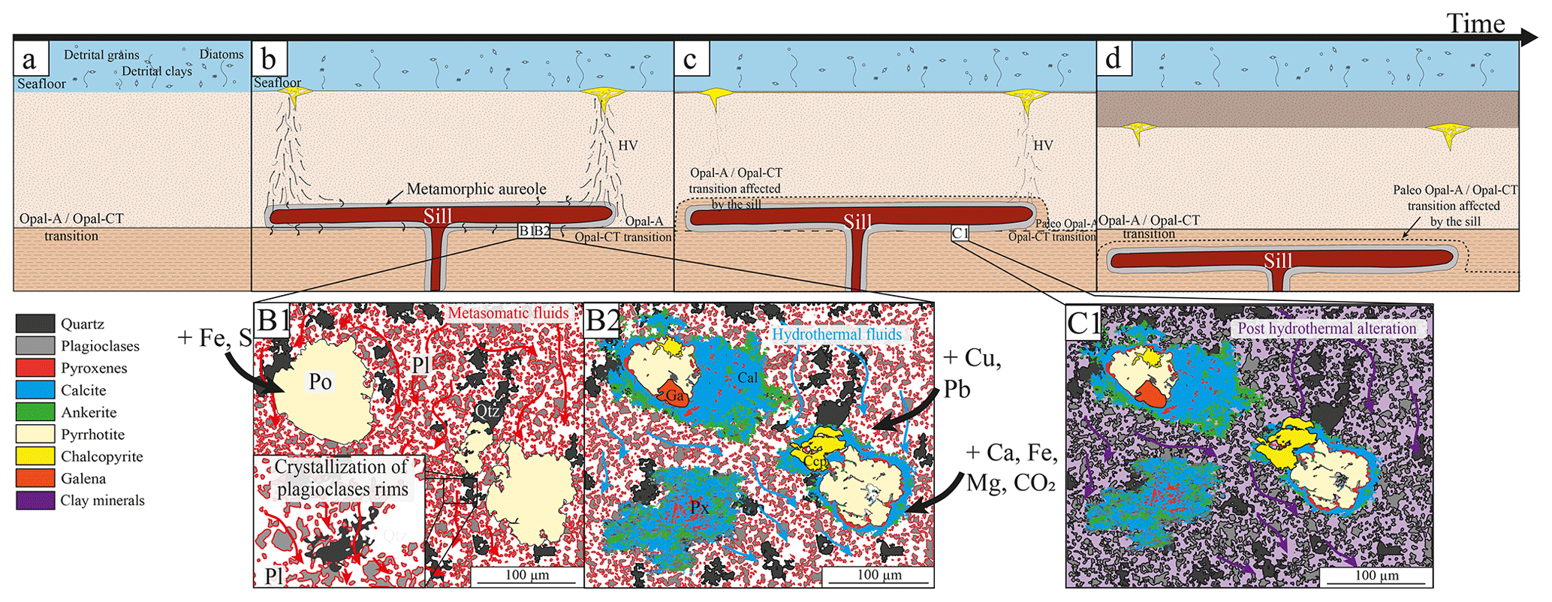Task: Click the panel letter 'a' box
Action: (31, 59)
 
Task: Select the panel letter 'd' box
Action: (1114, 58)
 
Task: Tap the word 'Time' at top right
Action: (1475, 23)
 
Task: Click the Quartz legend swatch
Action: (35, 324)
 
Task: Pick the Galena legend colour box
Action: (35, 478)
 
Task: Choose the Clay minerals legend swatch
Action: (35, 501)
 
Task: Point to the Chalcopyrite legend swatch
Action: (35, 456)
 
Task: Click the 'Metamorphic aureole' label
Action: (476, 189)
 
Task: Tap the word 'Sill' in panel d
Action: (1277, 260)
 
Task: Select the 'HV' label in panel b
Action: (628, 146)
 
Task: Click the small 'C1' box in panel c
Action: (960, 233)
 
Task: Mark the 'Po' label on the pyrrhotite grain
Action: (320, 382)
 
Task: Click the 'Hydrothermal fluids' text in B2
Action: (836, 335)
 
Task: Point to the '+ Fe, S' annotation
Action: (214, 339)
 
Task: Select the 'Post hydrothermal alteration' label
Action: (1327, 329)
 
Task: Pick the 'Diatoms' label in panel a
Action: (221, 55)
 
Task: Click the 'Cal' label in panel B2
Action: (747, 378)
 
